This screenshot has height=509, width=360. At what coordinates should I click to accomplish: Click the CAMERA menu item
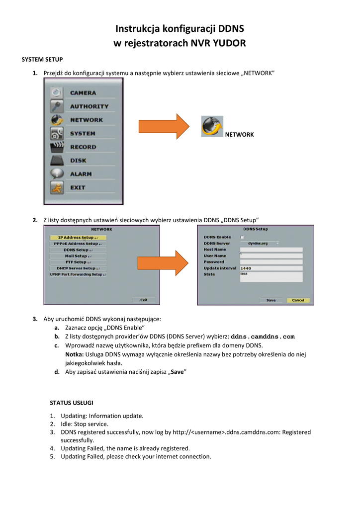83,93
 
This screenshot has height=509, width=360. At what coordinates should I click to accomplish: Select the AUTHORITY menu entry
89,106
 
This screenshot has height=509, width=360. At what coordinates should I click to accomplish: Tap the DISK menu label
78,161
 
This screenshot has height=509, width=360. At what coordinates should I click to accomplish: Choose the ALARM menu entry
81,174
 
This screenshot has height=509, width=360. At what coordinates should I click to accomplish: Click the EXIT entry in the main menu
78,187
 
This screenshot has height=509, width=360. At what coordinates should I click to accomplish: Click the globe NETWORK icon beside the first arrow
212,126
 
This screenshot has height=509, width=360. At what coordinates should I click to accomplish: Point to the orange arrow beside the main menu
164,127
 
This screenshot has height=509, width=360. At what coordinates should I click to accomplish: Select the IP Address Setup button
78,238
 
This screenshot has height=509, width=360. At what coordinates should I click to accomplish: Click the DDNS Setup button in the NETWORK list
78,250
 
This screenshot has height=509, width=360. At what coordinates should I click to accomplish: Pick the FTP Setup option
78,262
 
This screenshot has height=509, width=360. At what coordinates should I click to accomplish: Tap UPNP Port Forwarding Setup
78,274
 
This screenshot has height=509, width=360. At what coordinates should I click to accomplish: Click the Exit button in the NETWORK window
144,300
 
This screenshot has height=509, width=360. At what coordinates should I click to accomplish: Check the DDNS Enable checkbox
242,237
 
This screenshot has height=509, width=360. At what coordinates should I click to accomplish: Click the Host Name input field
271,250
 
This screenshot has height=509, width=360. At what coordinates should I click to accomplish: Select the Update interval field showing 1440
271,268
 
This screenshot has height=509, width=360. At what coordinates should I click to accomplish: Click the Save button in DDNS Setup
271,300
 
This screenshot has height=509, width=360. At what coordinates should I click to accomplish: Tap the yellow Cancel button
298,300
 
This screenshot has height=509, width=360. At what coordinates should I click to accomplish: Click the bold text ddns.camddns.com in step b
263,337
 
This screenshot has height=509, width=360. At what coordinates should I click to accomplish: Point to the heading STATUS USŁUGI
72,402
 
